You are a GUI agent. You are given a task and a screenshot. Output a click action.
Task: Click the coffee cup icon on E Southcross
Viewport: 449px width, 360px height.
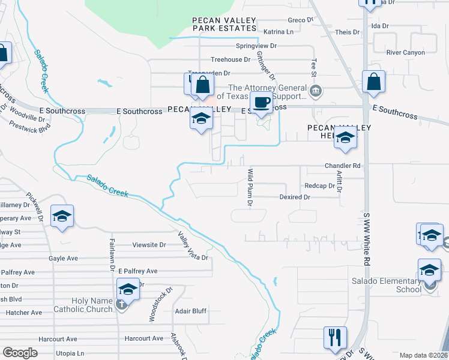[261, 103]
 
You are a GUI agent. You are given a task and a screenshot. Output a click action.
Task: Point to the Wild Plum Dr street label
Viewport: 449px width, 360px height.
[250, 187]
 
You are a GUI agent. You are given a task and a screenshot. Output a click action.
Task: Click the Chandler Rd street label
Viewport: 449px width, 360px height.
[342, 166]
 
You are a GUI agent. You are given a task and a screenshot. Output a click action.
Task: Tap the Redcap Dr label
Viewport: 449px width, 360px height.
[319, 186]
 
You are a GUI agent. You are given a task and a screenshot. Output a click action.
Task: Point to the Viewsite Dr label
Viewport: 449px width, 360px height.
[149, 245]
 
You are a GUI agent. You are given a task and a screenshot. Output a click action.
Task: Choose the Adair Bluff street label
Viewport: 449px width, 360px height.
[190, 311]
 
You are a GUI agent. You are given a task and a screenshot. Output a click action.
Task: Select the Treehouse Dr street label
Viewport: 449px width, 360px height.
[230, 59]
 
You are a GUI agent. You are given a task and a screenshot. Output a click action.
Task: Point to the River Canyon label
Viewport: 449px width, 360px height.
[405, 53]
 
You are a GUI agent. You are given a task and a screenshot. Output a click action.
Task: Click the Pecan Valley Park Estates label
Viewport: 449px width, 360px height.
[224, 24]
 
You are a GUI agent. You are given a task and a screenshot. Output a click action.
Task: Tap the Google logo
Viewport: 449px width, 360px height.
[20, 353]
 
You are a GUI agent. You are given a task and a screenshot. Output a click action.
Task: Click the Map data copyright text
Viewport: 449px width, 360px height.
[423, 355]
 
